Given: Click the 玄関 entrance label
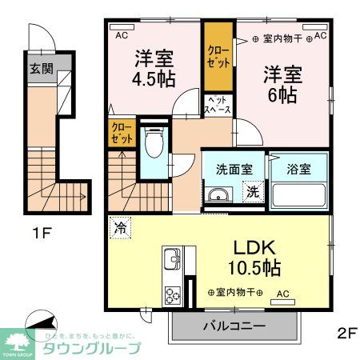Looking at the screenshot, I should [42, 69].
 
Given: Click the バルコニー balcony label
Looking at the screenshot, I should [232, 326].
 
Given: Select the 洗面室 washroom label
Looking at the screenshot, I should [234, 170].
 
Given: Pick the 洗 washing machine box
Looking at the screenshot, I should [252, 192].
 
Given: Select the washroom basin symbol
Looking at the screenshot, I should [216, 194].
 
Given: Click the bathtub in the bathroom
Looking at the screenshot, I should [298, 194].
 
